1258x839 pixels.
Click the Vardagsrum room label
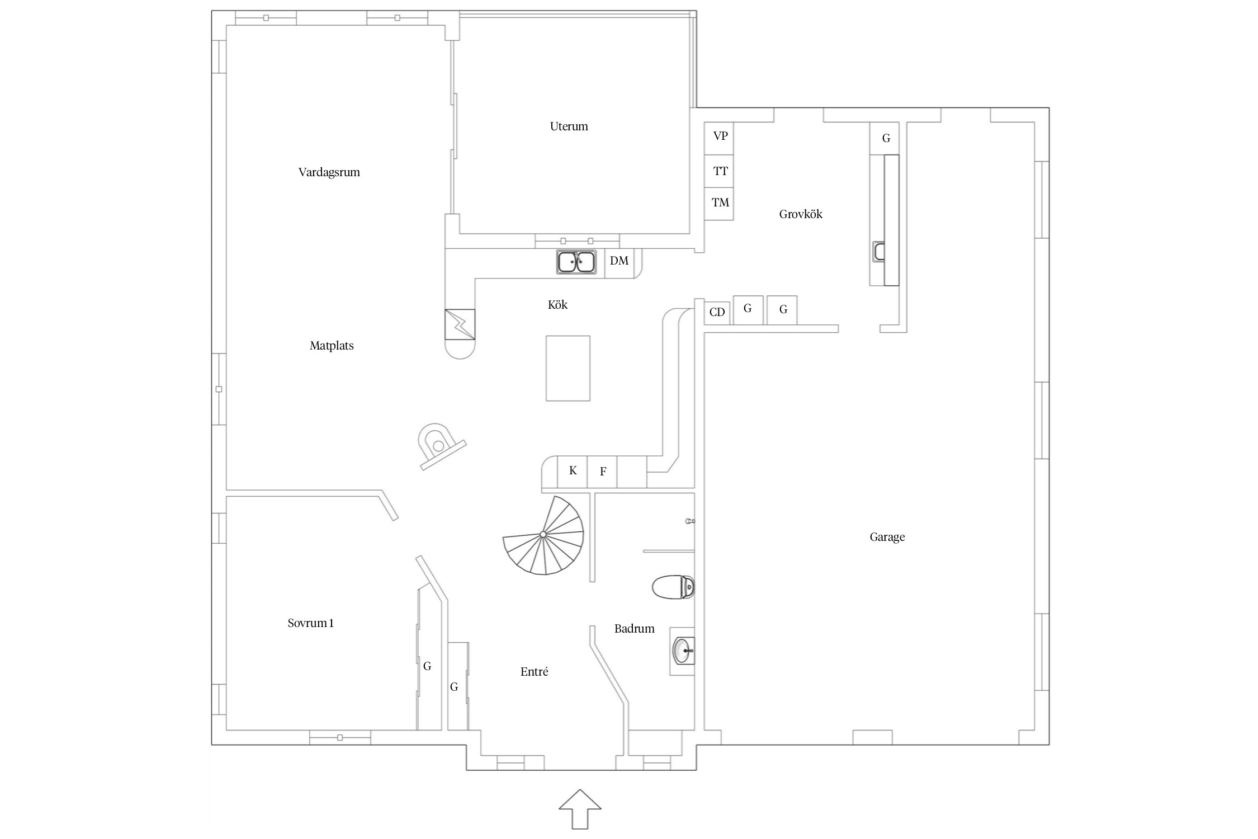[x=329, y=172]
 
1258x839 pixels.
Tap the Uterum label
[x=569, y=126]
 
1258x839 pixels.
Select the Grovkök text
[x=801, y=214]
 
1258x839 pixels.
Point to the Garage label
[x=887, y=537]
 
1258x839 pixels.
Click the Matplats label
[x=332, y=346]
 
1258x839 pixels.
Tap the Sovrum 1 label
[x=310, y=623]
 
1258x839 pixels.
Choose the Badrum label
[x=634, y=629]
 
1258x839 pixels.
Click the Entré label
[x=534, y=672]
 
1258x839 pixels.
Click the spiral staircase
[x=543, y=535]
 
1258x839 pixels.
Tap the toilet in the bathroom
[x=673, y=587]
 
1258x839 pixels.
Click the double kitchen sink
[x=576, y=262]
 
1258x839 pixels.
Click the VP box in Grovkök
[x=718, y=138]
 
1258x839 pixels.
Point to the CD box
[x=718, y=312]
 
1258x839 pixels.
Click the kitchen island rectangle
[x=568, y=368]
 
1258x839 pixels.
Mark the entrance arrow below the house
[x=580, y=809]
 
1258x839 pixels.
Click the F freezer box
[x=602, y=472]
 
